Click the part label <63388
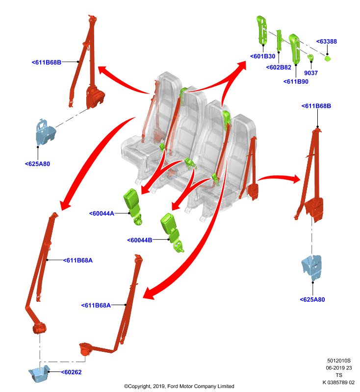tap(327, 42)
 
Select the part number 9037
tap(311, 73)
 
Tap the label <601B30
tap(263, 56)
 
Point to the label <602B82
tap(279, 68)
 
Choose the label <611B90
tap(296, 82)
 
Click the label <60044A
tap(102, 214)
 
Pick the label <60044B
tap(140, 240)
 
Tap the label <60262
tap(71, 372)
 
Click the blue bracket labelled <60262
tap(39, 373)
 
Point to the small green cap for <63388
tap(328, 58)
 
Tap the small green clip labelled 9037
tap(310, 58)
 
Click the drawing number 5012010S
tap(339, 361)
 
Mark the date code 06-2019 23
tap(339, 368)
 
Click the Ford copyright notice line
tap(179, 386)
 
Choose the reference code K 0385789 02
tap(338, 383)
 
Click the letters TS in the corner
tap(339, 375)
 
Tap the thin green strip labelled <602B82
tap(279, 41)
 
